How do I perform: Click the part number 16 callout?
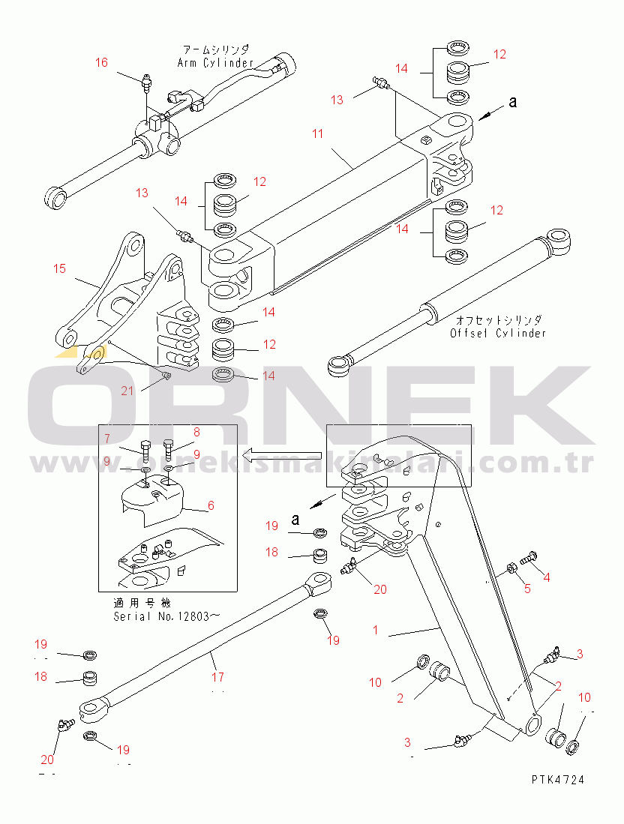(x=101, y=63)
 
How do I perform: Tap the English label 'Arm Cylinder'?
(x=216, y=63)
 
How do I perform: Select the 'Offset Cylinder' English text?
(x=498, y=333)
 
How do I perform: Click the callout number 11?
(x=318, y=133)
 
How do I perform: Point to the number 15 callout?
(x=60, y=268)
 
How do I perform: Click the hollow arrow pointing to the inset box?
(x=286, y=453)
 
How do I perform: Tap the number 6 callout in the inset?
(x=211, y=506)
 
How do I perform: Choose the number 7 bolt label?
(x=107, y=439)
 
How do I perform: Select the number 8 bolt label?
(x=196, y=432)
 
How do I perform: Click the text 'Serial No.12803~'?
(x=166, y=616)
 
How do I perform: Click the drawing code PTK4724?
(x=557, y=780)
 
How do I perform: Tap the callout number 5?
(x=527, y=589)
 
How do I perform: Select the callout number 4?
(x=547, y=577)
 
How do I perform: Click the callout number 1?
(x=376, y=630)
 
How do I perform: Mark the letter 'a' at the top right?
(x=513, y=103)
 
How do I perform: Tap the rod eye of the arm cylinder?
(x=55, y=199)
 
